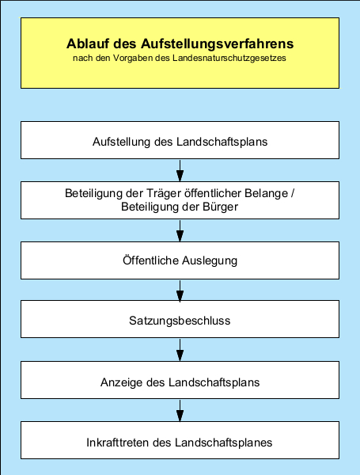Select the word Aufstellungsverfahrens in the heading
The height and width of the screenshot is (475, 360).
point(218,44)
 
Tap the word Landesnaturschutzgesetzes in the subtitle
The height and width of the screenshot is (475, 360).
point(229,58)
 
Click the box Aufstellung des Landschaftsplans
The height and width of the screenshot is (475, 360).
point(180,140)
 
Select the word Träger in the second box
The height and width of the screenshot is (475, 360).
point(161,193)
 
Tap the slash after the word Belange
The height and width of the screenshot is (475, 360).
point(293,193)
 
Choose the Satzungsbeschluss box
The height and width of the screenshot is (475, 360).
point(180,319)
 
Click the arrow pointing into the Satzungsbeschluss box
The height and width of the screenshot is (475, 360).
point(180,291)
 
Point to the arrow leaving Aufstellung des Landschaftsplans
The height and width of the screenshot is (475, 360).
point(180,170)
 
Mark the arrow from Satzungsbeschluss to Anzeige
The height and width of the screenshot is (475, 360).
point(180,350)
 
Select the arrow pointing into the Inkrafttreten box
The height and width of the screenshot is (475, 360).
point(180,410)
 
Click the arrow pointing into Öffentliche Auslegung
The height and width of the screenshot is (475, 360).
point(180,231)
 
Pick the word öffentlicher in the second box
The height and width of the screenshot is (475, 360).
point(210,193)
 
